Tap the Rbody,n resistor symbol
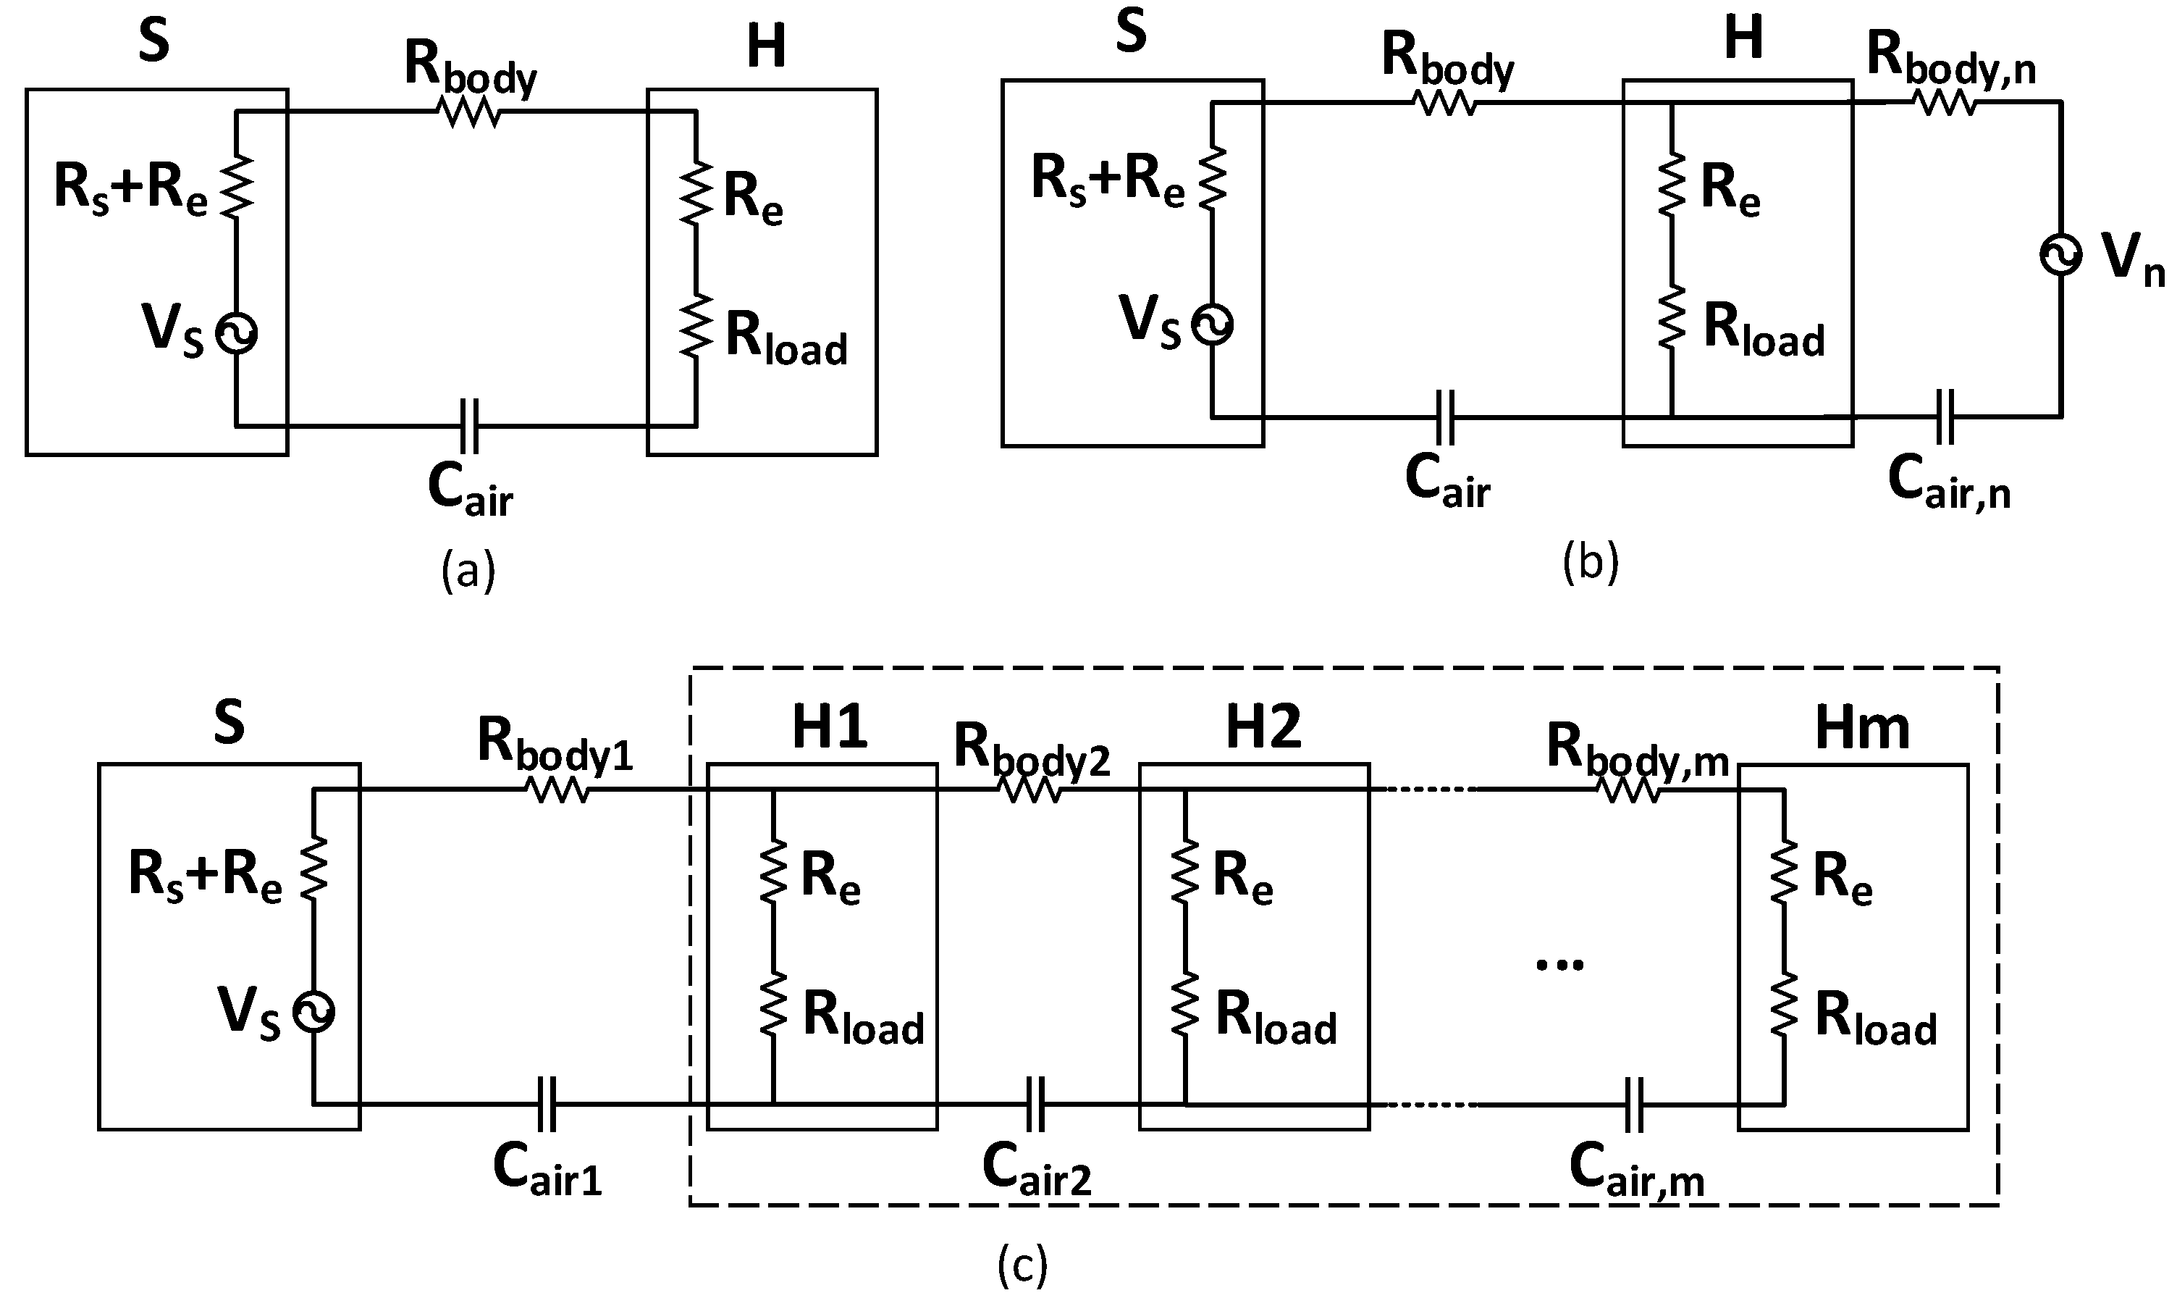[x=1945, y=103]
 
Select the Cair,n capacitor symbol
[x=1945, y=417]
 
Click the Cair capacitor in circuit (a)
[x=470, y=426]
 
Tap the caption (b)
[x=1591, y=564]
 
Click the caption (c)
[x=1022, y=1265]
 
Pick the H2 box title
[x=1263, y=729]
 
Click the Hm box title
[x=1862, y=729]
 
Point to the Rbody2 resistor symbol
[x=1032, y=790]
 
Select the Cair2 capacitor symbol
[x=1035, y=1104]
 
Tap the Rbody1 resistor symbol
[x=557, y=790]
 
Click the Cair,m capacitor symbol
[x=1633, y=1105]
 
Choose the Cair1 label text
[x=547, y=1168]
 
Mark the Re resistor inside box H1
[x=773, y=869]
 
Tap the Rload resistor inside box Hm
[x=1784, y=1003]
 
